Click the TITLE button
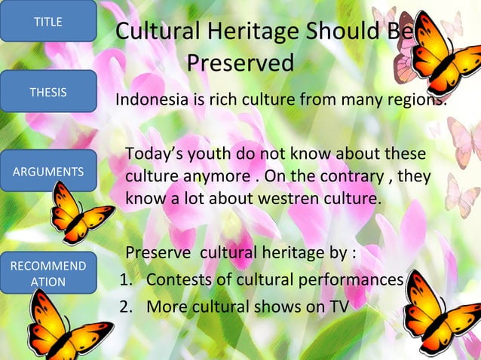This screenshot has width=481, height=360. (x=47, y=21)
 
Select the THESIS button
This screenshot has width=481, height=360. (x=47, y=92)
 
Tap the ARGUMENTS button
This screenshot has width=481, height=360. (x=47, y=172)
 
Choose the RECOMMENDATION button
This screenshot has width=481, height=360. (x=47, y=273)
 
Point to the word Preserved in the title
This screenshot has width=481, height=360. (x=240, y=63)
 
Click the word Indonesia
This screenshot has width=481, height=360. (x=149, y=100)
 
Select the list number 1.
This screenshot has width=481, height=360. (x=126, y=279)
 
